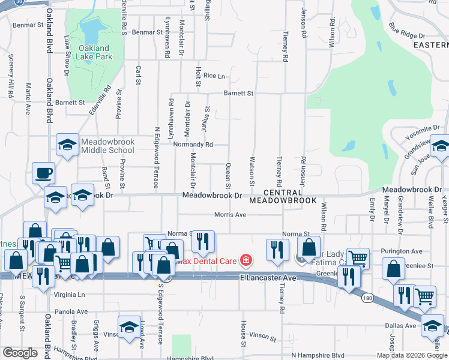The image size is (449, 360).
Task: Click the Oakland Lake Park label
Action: (x=94, y=52)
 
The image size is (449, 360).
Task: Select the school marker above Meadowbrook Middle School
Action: (x=67, y=145)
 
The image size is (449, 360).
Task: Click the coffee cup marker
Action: (x=43, y=173)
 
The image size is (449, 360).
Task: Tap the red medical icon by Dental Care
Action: (x=245, y=260)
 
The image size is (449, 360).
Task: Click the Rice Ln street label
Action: (x=214, y=76)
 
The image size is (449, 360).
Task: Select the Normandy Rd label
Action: (x=193, y=145)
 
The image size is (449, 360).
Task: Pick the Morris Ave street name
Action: (x=231, y=215)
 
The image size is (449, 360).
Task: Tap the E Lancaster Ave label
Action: (x=268, y=278)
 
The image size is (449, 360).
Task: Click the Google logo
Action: (x=20, y=353)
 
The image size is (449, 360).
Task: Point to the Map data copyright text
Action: (x=412, y=355)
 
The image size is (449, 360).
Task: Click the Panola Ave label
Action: (x=71, y=312)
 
